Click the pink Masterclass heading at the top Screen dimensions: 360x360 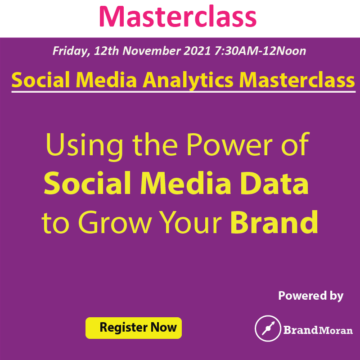pyautogui.click(x=178, y=16)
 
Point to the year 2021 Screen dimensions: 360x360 pyautogui.click(x=196, y=51)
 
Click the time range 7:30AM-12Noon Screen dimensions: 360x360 pyautogui.click(x=259, y=51)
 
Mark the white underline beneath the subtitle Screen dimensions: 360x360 pyautogui.click(x=183, y=92)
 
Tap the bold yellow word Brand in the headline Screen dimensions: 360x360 pyautogui.click(x=274, y=222)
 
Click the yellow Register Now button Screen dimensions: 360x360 pyautogui.click(x=133, y=327)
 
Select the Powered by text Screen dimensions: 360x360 pyautogui.click(x=310, y=296)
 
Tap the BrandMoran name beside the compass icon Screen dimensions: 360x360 pyautogui.click(x=318, y=330)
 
